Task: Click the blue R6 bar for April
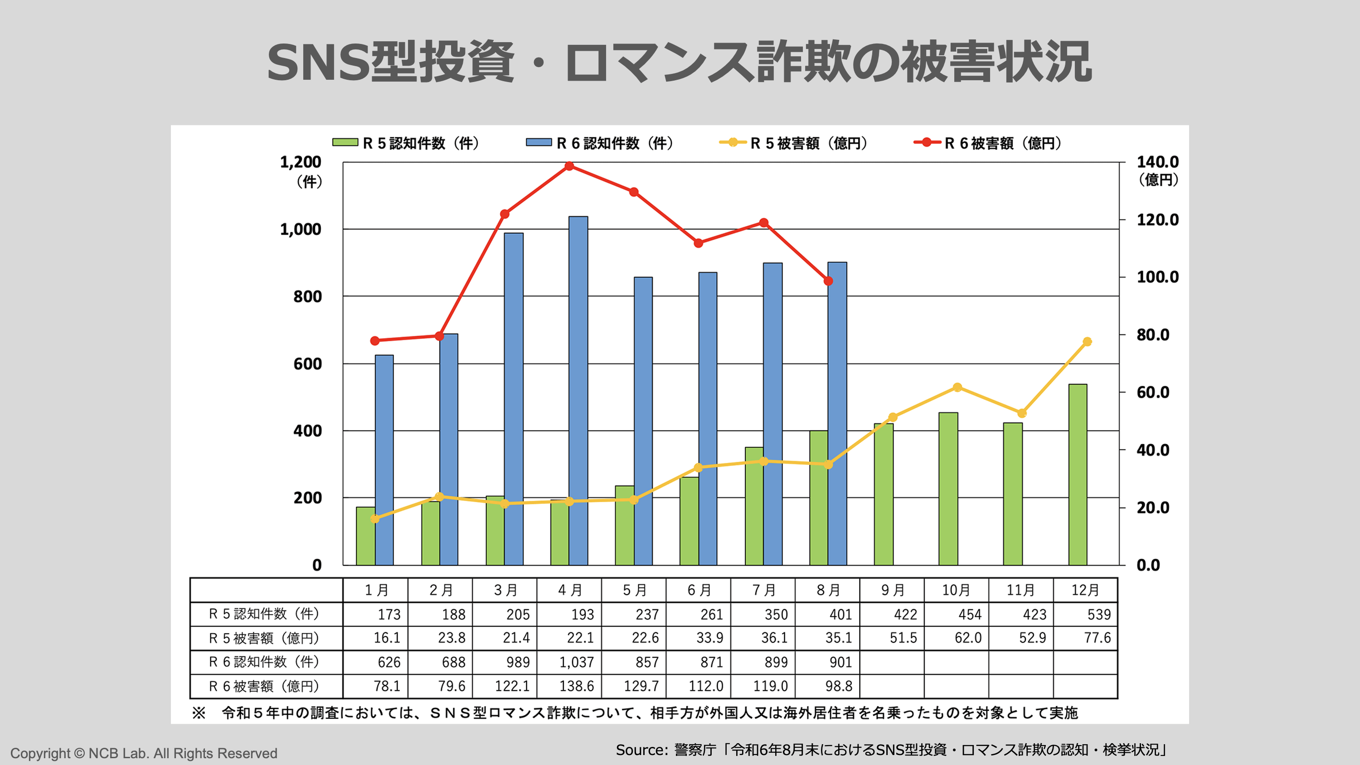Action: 578,391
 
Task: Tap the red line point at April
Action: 569,166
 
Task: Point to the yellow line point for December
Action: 1087,342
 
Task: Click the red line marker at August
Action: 828,281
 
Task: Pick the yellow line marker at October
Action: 957,387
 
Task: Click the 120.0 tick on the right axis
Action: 1157,220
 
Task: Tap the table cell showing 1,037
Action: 577,662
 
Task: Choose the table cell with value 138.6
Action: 577,686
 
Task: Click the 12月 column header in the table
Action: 1085,590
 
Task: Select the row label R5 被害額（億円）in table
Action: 264,638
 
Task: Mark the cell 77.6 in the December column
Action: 1097,638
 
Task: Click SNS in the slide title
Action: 317,62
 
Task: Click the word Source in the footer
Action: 641,750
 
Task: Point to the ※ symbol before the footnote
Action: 199,713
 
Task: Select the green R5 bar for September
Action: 883,494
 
